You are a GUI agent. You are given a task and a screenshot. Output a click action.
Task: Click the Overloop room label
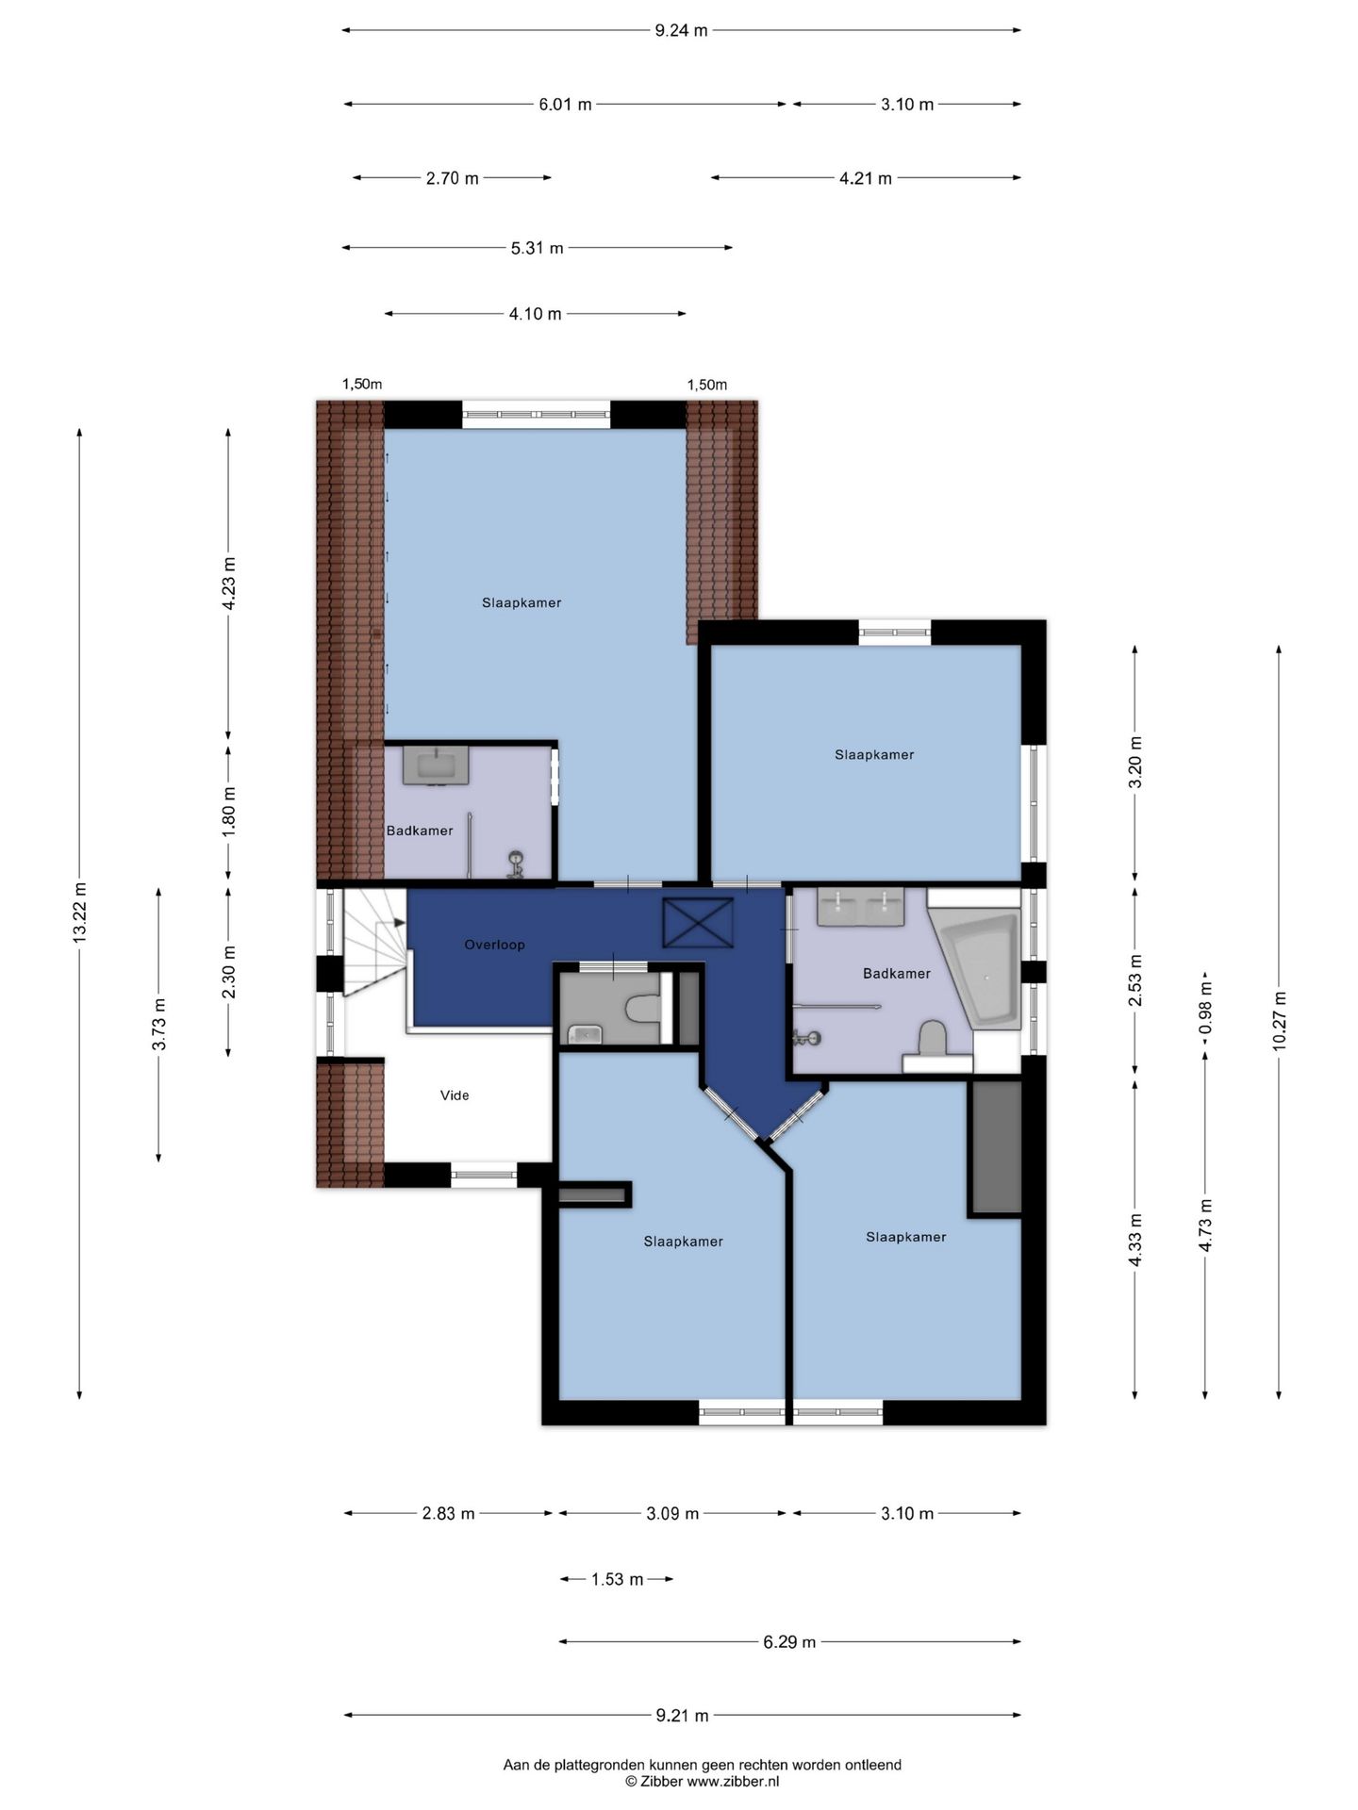pos(494,945)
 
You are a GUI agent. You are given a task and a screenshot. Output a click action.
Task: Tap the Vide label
pos(455,1095)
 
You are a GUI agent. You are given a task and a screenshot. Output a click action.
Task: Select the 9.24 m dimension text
pos(681,30)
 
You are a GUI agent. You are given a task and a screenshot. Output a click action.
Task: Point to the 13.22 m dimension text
pos(80,912)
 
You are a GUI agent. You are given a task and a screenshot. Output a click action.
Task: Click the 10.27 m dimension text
pos(1279,1022)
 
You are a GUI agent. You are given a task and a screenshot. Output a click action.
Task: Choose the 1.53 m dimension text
pos(618,1579)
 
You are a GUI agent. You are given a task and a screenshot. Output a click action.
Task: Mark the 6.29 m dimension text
pos(789,1642)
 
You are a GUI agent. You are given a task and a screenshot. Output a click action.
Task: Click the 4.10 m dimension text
pos(535,314)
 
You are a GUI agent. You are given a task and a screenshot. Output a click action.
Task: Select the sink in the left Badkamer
pos(436,765)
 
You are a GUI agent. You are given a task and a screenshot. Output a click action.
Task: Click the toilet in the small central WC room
pos(643,1010)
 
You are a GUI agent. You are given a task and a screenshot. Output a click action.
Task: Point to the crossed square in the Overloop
pos(698,923)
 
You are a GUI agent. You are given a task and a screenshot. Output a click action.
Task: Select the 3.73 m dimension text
pos(159,1025)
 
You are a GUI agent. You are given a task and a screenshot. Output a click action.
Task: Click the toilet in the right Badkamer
pos(932,1039)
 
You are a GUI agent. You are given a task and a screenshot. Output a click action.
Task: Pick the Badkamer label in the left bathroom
pos(420,831)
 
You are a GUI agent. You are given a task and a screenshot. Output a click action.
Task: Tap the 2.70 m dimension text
pos(453,178)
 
